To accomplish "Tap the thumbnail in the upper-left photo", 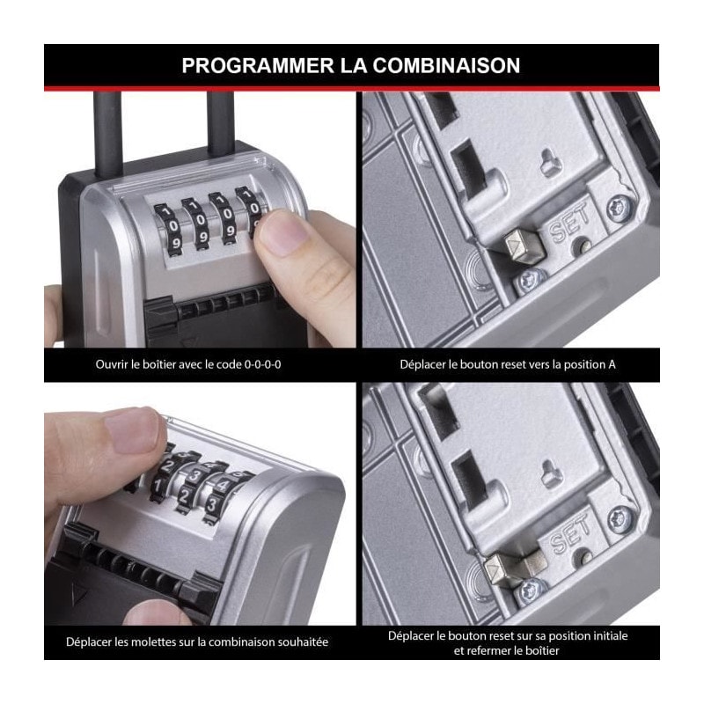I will pyautogui.click(x=283, y=235).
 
